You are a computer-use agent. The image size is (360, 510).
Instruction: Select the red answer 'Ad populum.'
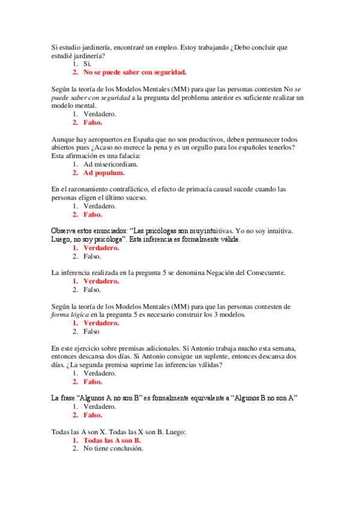[x=104, y=173]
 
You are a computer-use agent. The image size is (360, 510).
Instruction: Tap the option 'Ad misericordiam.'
[x=111, y=164]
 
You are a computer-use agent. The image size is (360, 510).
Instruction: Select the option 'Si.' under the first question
[x=88, y=64]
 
